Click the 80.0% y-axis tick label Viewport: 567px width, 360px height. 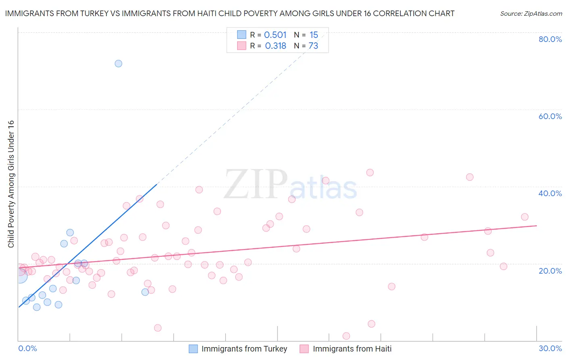click(550, 39)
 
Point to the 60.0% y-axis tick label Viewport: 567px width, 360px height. click(550, 116)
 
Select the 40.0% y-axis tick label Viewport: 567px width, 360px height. click(550, 193)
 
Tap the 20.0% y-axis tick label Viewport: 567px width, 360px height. click(550, 270)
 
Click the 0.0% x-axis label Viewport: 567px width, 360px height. click(27, 348)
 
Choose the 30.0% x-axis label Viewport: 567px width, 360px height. click(550, 348)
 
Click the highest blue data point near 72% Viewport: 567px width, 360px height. click(118, 63)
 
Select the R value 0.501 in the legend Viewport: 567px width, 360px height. click(275, 35)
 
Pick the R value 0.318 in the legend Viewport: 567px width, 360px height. click(275, 46)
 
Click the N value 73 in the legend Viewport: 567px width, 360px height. click(313, 46)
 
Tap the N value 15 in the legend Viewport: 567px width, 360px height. click(314, 35)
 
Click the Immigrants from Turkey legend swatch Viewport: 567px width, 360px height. click(193, 349)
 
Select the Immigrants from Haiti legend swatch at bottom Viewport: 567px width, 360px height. click(304, 349)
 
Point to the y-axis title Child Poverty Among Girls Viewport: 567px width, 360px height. click(11, 184)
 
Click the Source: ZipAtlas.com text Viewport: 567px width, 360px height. click(531, 14)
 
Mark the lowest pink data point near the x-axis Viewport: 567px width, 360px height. click(346, 336)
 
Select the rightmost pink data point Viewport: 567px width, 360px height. click(525, 217)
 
